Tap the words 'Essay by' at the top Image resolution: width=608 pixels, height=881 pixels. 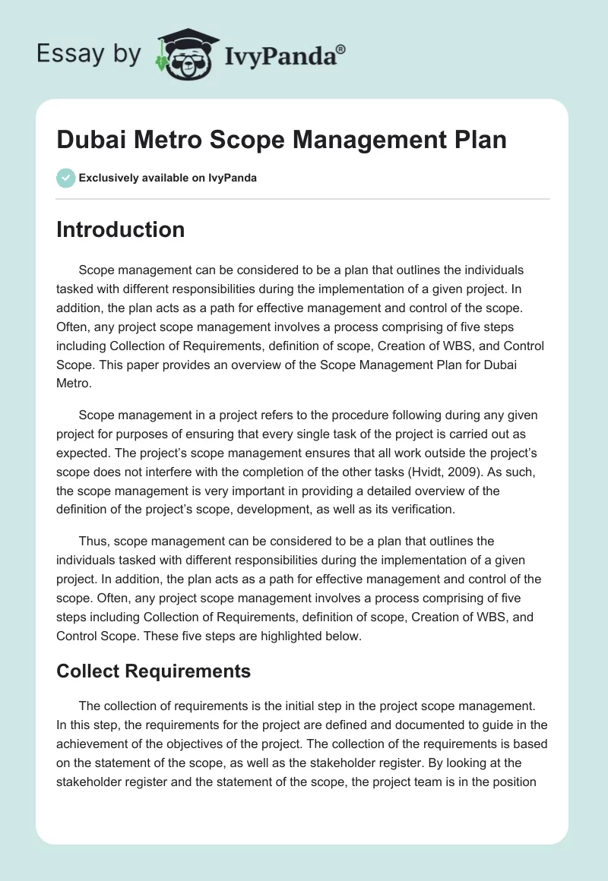(x=87, y=54)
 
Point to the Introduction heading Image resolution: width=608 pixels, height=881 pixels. (x=120, y=229)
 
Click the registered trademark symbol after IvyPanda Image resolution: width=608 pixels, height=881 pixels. (x=341, y=48)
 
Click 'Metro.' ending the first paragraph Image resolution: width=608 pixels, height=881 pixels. (x=74, y=384)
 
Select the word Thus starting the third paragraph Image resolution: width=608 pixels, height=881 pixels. (x=92, y=542)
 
